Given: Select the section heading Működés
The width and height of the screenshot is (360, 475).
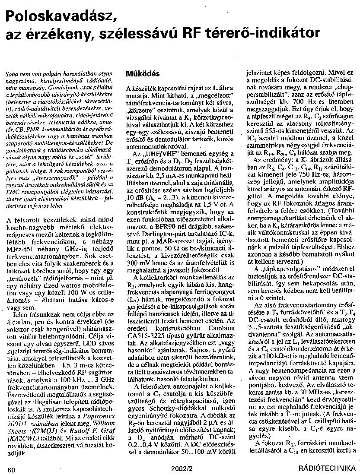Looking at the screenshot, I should click(x=143, y=73).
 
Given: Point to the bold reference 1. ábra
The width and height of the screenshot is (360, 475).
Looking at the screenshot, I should click(x=223, y=88).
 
